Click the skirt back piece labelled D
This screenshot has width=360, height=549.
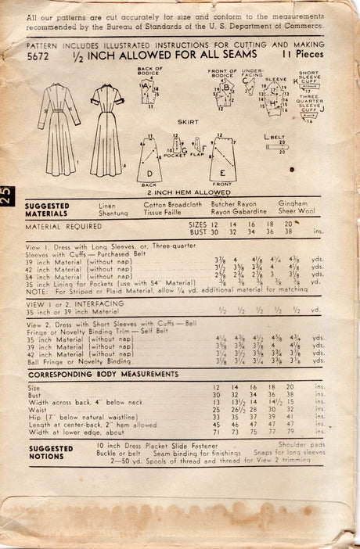coord(149,160)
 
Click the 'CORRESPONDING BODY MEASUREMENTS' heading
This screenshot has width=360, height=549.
coord(96,375)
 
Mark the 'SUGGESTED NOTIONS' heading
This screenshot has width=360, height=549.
coord(51,453)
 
